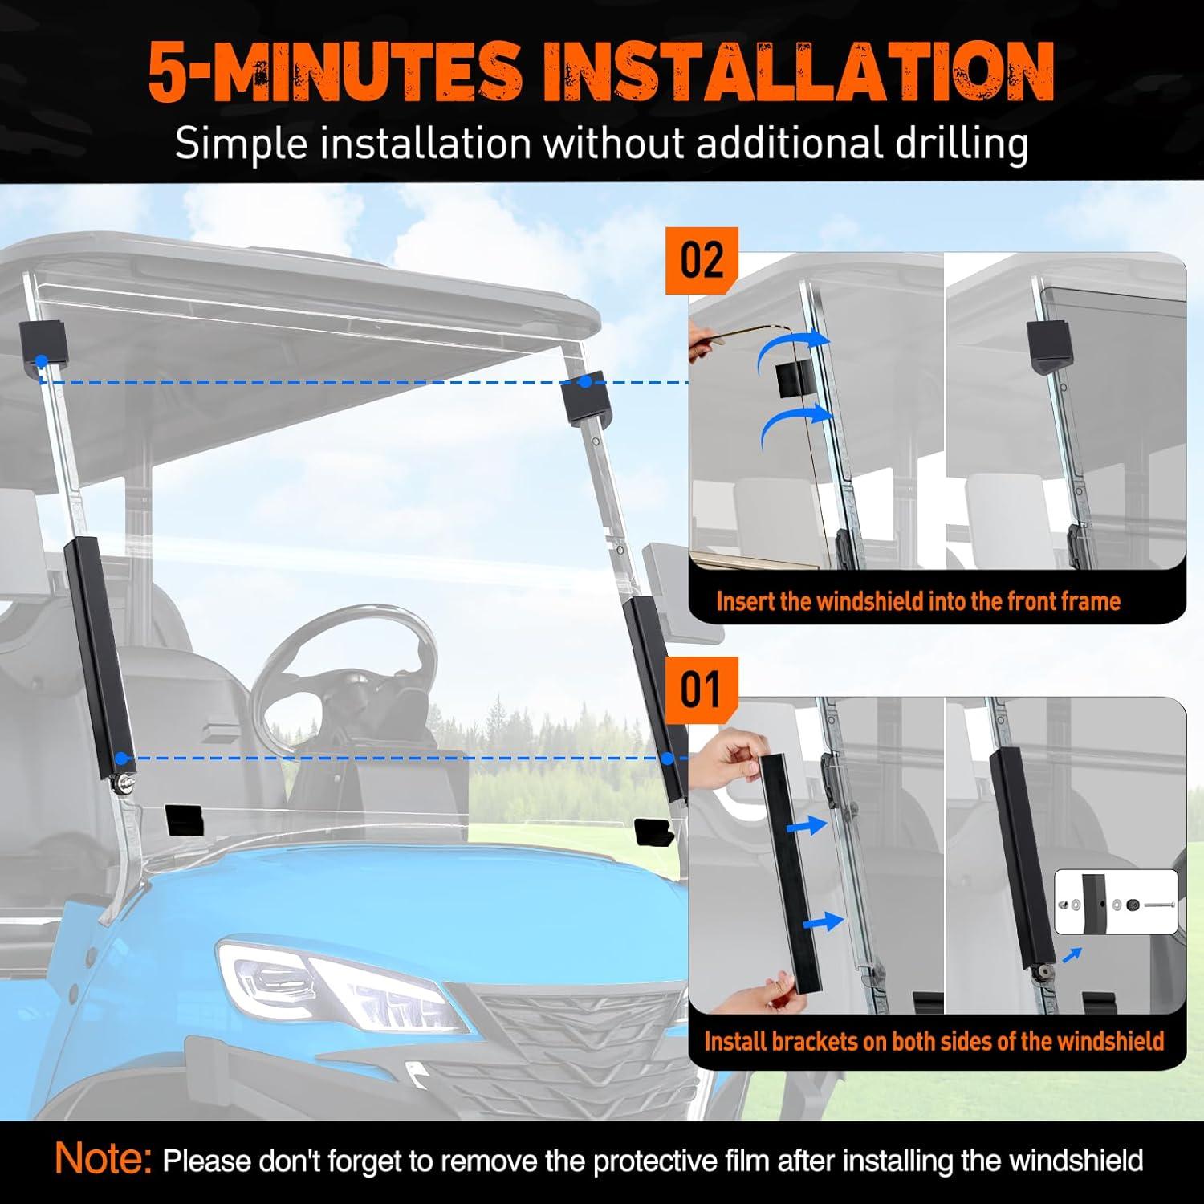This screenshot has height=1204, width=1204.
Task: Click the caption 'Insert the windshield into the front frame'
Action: pos(917,601)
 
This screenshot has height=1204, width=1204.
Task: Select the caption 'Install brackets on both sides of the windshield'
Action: pos(934,1041)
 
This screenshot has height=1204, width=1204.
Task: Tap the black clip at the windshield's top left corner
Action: pos(44,345)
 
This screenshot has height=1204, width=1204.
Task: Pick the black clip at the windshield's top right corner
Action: pos(589,400)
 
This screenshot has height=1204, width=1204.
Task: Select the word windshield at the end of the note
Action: pos(1076,1161)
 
